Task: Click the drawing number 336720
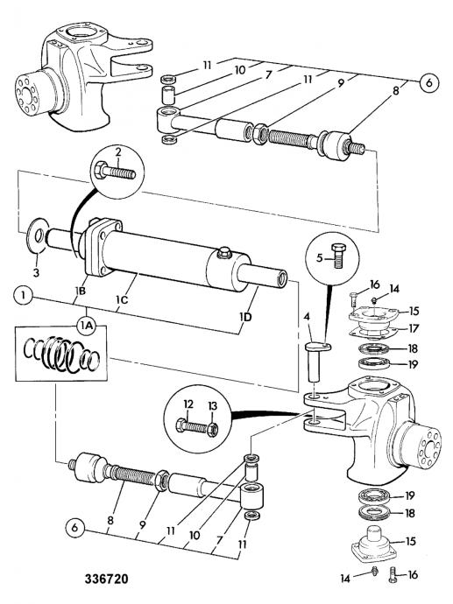tap(106, 579)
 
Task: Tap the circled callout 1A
tap(86, 326)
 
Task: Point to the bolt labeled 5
tap(338, 256)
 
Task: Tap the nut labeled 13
tap(213, 429)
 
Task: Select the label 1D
tap(245, 317)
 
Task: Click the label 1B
tap(81, 291)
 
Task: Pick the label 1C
tap(122, 299)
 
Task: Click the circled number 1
tap(24, 296)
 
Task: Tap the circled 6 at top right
tap(429, 83)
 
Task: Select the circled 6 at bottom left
tap(74, 527)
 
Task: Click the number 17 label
tap(413, 328)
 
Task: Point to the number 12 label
tap(188, 404)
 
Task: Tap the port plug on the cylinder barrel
tap(224, 253)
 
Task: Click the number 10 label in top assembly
tap(240, 70)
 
